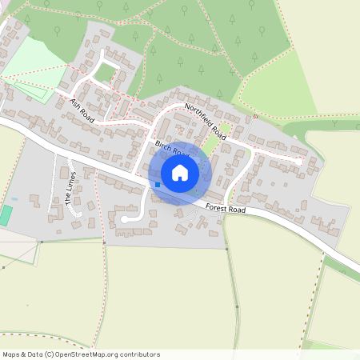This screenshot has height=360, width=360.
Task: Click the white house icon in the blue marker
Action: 180,172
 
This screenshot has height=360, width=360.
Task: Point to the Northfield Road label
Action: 206,122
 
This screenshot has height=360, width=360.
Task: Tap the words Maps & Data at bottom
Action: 23,354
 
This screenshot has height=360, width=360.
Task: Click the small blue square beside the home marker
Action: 158,185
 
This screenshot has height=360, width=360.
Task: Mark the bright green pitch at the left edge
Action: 6,215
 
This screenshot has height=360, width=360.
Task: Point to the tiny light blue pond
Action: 14,198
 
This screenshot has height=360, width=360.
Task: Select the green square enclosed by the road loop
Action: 106,74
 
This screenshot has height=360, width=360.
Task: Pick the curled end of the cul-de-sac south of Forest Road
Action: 124,218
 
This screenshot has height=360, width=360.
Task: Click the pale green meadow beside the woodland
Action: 272,88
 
